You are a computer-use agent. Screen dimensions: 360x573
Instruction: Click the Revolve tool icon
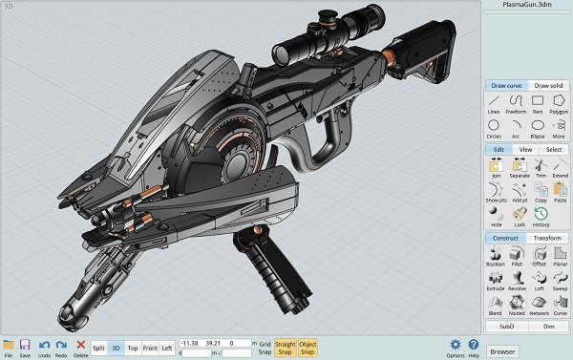pos(517,277)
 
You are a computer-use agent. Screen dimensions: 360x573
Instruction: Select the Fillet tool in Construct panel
pos(517,253)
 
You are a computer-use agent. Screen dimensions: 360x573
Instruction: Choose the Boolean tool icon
pos(495,253)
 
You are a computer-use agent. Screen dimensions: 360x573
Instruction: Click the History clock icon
pos(541,215)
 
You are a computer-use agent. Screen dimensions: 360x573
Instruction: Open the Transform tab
pos(546,238)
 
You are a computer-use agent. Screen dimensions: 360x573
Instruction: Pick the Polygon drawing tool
pos(560,103)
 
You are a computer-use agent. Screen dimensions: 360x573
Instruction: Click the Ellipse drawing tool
pos(539,126)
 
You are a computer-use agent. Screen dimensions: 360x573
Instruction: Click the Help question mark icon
pos(473,345)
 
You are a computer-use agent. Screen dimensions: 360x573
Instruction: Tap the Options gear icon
pos(455,345)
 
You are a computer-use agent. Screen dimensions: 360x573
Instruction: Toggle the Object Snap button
pos(308,348)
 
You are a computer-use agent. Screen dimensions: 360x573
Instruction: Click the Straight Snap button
pos(285,348)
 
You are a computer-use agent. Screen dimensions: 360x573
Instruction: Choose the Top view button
pos(133,349)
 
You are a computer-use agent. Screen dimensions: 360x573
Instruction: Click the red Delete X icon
pos(80,345)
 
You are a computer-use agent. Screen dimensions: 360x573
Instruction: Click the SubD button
pos(506,326)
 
